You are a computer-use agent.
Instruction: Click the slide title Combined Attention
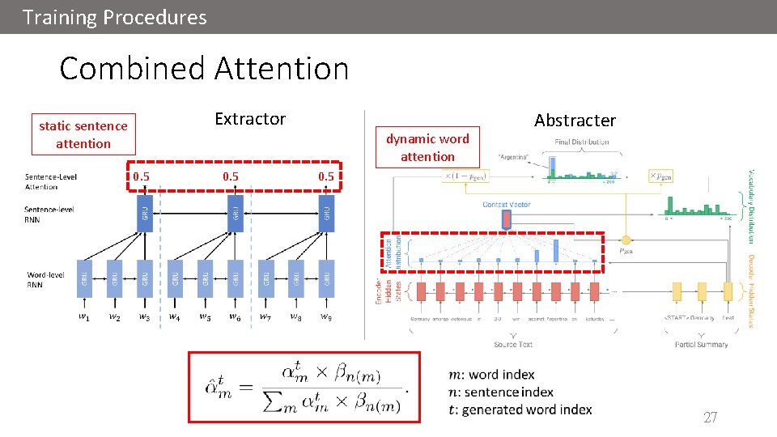pyautogui.click(x=204, y=69)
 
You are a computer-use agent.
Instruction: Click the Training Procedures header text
pyautogui.click(x=115, y=17)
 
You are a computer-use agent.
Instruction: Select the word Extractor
pyautogui.click(x=250, y=119)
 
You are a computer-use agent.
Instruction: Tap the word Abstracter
pyautogui.click(x=575, y=121)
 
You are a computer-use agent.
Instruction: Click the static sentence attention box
pyautogui.click(x=83, y=135)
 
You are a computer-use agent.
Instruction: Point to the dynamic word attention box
pyautogui.click(x=427, y=147)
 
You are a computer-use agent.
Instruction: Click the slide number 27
pyautogui.click(x=710, y=418)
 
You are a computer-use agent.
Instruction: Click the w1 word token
pyautogui.click(x=84, y=316)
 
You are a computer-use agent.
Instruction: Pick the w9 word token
pyautogui.click(x=325, y=316)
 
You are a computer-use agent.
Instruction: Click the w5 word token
pyautogui.click(x=205, y=316)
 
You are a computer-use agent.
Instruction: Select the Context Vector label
pyautogui.click(x=507, y=204)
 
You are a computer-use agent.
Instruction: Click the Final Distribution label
pyautogui.click(x=582, y=142)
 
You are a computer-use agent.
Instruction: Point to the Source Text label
pyautogui.click(x=513, y=344)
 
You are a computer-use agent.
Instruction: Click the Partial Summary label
pyautogui.click(x=701, y=344)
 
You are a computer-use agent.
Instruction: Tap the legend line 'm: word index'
pyautogui.click(x=490, y=375)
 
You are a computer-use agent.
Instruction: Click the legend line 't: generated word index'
pyautogui.click(x=520, y=409)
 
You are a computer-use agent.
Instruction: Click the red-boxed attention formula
pyautogui.click(x=304, y=387)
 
